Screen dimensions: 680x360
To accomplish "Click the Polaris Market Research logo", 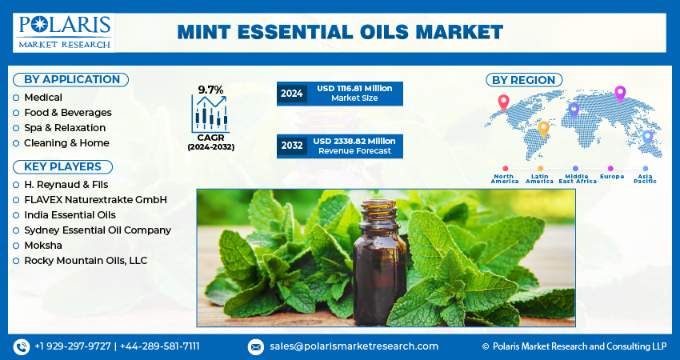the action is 64,33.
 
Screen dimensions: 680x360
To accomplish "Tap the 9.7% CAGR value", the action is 210,90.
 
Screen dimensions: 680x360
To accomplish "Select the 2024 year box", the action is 291,94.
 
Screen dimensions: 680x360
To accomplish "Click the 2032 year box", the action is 292,146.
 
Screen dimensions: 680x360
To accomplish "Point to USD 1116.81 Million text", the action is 354,89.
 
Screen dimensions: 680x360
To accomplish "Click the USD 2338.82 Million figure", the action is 354,142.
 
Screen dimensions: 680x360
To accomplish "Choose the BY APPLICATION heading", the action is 71,80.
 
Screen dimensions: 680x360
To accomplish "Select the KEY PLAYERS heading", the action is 62,167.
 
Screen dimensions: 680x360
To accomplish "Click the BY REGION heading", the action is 524,80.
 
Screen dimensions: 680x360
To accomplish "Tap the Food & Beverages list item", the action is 68,113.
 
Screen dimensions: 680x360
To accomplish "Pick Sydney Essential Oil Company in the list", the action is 98,230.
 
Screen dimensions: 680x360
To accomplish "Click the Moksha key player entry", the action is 43,246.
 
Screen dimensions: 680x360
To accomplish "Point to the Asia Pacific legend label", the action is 645,178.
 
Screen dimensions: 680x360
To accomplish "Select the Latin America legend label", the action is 539,178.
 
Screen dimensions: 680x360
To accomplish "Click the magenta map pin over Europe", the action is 620,94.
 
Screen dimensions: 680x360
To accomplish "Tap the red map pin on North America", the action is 503,103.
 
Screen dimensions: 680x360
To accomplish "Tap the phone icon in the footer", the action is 22,347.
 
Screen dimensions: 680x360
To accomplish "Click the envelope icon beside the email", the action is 256,347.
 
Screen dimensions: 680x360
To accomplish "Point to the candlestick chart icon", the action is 210,114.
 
